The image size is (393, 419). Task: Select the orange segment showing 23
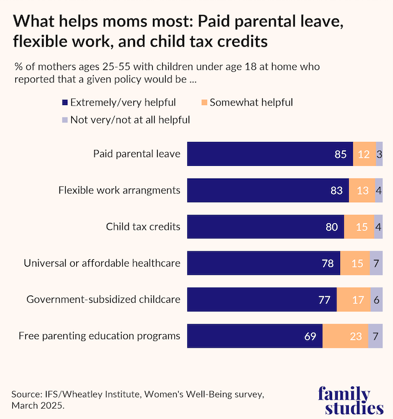point(345,336)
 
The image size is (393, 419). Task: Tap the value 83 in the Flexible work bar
point(336,190)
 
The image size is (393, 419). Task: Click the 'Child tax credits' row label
point(143,227)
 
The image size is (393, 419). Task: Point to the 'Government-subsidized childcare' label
point(103,300)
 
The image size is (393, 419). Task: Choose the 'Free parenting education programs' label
point(99,336)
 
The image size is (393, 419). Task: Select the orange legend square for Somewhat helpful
point(204,103)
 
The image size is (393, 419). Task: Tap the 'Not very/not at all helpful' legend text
point(130,120)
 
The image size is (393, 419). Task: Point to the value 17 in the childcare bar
point(354,300)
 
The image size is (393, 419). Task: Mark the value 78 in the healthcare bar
point(328,264)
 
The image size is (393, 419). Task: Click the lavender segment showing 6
point(376,300)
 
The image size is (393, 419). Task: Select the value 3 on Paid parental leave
point(379,154)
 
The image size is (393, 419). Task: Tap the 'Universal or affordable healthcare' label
point(102,264)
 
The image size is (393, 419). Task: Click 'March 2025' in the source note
point(38,406)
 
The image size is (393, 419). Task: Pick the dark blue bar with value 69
point(254,336)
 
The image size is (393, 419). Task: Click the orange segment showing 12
point(364,154)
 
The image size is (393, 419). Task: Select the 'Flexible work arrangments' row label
point(119,190)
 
